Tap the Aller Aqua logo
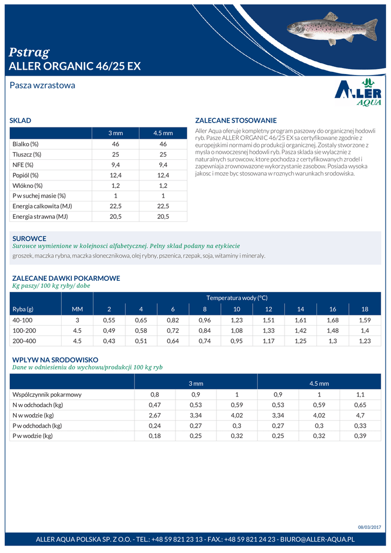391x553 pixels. coord(358,92)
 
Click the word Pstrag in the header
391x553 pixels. coord(29,52)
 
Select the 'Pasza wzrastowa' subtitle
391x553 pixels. coord(42,85)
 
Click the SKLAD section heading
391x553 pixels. coord(21,120)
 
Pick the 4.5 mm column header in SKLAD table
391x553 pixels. coord(163,133)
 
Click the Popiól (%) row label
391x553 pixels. coord(25,175)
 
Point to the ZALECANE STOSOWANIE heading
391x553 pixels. coord(235,120)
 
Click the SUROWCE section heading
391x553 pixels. coord(29,238)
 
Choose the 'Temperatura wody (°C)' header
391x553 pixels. coord(237,298)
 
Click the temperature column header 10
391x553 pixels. coord(237,309)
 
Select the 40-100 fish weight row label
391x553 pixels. coord(23,320)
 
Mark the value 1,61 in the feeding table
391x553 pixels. coord(300,320)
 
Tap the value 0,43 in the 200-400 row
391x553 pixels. coord(109,341)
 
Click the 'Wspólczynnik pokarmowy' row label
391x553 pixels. coord(47,394)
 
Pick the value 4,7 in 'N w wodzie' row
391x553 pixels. coord(360,415)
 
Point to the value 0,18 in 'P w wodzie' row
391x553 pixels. coord(154,436)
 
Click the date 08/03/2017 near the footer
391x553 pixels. coord(369,527)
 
